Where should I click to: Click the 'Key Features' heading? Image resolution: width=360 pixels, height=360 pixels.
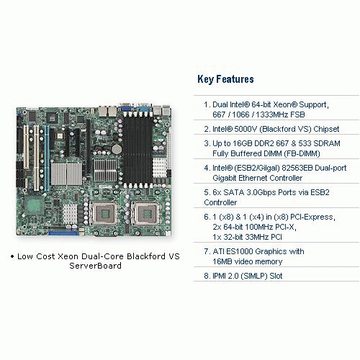(225, 79)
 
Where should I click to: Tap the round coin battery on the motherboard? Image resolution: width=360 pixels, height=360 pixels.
(117, 149)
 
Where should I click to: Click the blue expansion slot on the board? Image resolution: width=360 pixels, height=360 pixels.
(47, 158)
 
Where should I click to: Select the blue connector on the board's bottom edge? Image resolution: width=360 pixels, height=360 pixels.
(63, 233)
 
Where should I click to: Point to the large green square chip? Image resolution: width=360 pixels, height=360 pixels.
(34, 205)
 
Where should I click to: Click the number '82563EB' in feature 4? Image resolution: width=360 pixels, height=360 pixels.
(297, 168)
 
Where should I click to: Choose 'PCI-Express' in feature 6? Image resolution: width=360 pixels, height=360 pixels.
(312, 217)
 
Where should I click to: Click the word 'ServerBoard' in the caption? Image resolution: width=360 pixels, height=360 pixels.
(95, 266)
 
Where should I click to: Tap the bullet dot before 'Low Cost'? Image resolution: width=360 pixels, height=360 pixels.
(12, 256)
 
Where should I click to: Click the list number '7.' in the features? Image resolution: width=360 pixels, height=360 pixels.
(207, 251)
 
